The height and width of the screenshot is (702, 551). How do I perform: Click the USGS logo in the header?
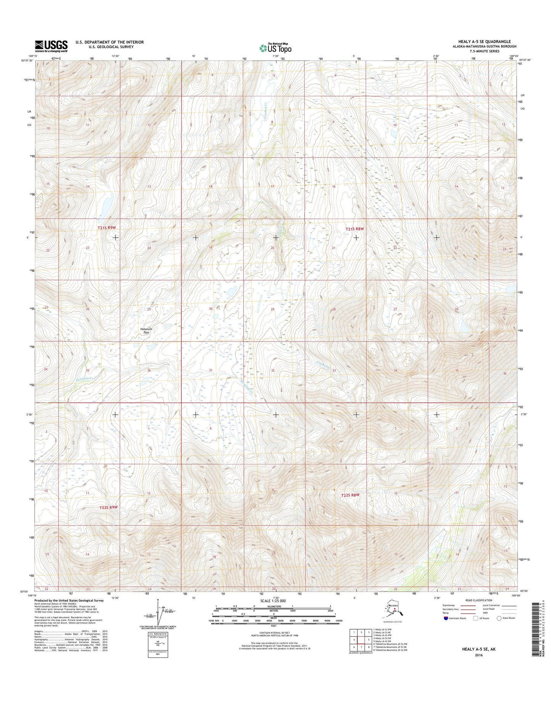coord(51,46)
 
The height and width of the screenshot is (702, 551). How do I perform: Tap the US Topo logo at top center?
coord(275,48)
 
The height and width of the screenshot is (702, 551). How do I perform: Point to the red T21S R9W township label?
coord(106,228)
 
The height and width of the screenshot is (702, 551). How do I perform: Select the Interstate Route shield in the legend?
coord(446,618)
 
